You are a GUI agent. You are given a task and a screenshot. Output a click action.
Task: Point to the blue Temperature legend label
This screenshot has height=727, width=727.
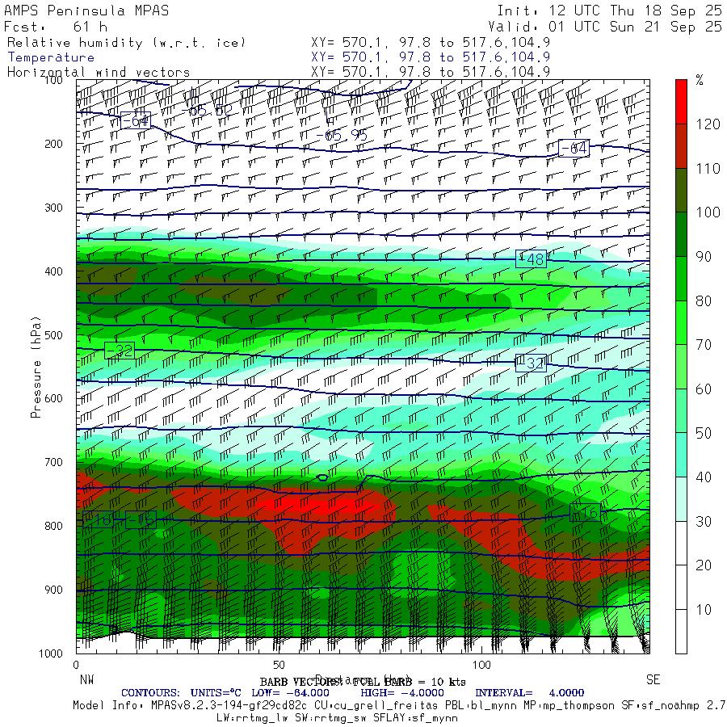[x=51, y=57]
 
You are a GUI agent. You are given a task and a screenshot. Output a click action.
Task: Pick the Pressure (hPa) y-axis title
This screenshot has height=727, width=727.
[x=36, y=367]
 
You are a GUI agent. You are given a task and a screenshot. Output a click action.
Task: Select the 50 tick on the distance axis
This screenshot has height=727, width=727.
[x=279, y=665]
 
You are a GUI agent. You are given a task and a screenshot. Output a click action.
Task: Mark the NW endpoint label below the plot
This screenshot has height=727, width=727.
[x=84, y=679]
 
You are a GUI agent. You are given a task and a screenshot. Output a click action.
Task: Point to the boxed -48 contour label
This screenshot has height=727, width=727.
[x=531, y=259]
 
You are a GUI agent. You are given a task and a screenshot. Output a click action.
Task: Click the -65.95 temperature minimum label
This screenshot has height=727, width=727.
[x=346, y=136]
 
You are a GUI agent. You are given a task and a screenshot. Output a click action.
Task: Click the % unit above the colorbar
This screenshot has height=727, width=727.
[x=700, y=80]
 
